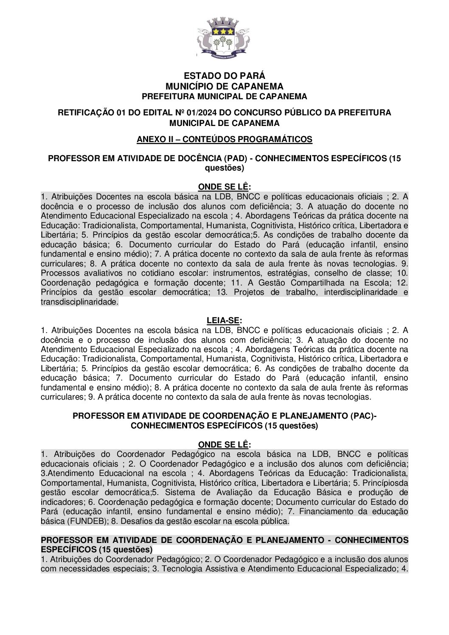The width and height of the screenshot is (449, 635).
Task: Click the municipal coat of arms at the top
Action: [x=224, y=39]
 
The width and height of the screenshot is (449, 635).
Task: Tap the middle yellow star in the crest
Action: [x=223, y=31]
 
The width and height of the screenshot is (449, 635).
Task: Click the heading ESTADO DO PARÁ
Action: [x=224, y=76]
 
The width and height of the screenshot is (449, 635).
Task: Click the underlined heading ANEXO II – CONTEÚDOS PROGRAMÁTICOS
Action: [x=224, y=140]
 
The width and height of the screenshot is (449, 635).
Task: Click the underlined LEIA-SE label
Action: [x=224, y=321]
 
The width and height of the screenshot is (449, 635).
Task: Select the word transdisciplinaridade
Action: [x=79, y=302]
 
